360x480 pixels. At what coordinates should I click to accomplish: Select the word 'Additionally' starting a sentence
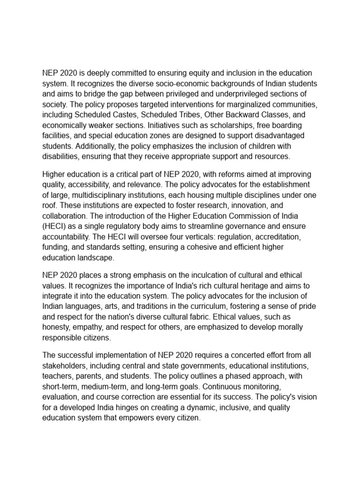pyautogui.click(x=97, y=146)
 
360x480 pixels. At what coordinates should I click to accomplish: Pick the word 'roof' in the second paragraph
pyautogui.click(x=50, y=205)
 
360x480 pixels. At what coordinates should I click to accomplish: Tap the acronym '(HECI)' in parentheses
pyautogui.click(x=54, y=226)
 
